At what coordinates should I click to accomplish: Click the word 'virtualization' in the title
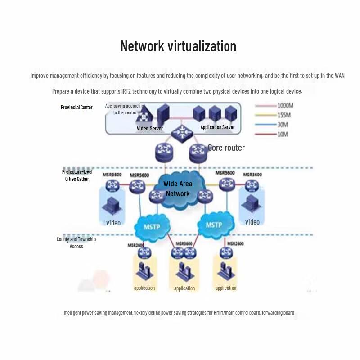[x=202, y=46]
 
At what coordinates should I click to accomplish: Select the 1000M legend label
[x=285, y=106]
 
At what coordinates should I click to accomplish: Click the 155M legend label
[x=283, y=115]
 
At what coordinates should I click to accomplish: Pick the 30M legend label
[x=282, y=125]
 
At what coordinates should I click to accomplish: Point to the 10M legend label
[x=282, y=134]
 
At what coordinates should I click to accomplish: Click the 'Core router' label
[x=226, y=148]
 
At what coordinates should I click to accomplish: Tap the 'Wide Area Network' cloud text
[x=178, y=189]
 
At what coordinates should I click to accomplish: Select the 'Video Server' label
[x=150, y=129]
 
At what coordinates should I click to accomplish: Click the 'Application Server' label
[x=217, y=127]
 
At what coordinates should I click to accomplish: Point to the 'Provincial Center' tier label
[x=76, y=108]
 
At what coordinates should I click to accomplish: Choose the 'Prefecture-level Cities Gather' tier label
[x=77, y=175]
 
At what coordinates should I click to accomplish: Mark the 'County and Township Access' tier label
[x=76, y=243]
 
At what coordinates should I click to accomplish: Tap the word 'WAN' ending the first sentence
[x=339, y=76]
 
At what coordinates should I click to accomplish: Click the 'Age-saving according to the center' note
[x=125, y=109]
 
